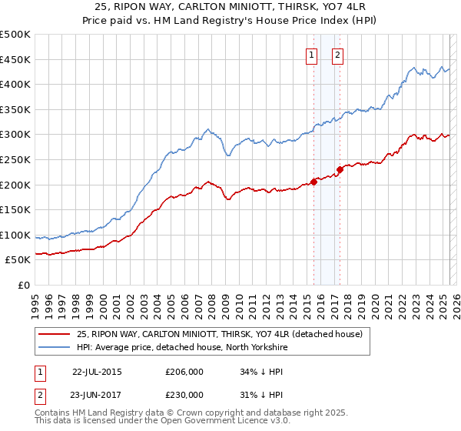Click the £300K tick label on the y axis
[15, 135]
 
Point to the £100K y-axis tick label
[15, 235]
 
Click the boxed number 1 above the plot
[312, 55]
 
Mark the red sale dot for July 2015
[313, 182]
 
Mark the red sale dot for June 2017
[340, 169]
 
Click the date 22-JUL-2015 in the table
[97, 371]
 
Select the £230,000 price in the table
[184, 394]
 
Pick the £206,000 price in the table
[184, 371]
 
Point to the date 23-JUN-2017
[97, 394]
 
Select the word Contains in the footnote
[53, 413]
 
